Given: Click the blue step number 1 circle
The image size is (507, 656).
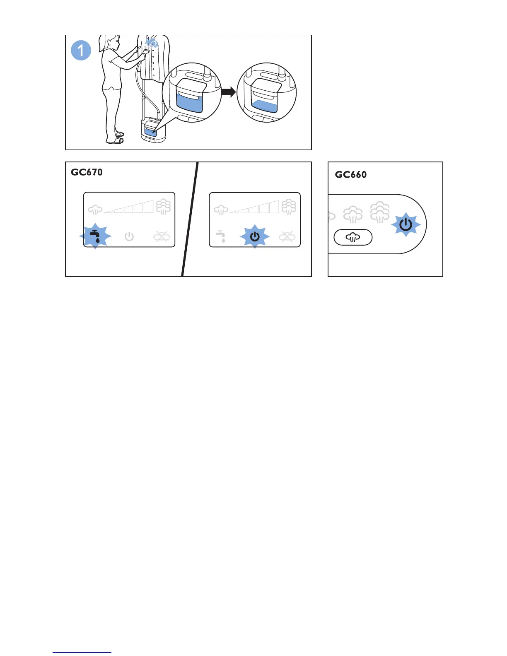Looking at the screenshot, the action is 81,51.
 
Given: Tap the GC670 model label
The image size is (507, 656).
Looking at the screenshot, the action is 87,172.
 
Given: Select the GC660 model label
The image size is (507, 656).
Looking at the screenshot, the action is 350,175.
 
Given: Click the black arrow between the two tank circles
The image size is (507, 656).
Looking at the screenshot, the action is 228,92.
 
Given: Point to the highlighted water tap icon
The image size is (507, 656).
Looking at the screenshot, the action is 95,236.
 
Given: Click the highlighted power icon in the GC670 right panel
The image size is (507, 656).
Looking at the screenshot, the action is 255,236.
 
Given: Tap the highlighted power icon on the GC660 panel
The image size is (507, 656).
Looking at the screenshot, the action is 406,225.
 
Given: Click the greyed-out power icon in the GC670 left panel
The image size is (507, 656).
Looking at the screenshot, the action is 129,237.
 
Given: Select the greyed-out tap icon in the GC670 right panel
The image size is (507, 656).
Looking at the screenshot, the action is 221,236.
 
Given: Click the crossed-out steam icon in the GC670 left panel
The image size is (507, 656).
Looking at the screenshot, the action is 161,237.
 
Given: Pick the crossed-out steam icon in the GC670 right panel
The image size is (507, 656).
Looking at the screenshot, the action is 287,237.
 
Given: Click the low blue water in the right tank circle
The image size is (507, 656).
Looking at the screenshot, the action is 264,106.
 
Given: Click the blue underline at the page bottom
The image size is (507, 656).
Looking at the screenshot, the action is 82,652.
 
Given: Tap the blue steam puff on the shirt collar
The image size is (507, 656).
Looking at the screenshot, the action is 152,43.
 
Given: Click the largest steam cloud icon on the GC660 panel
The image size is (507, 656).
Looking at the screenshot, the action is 380,212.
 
